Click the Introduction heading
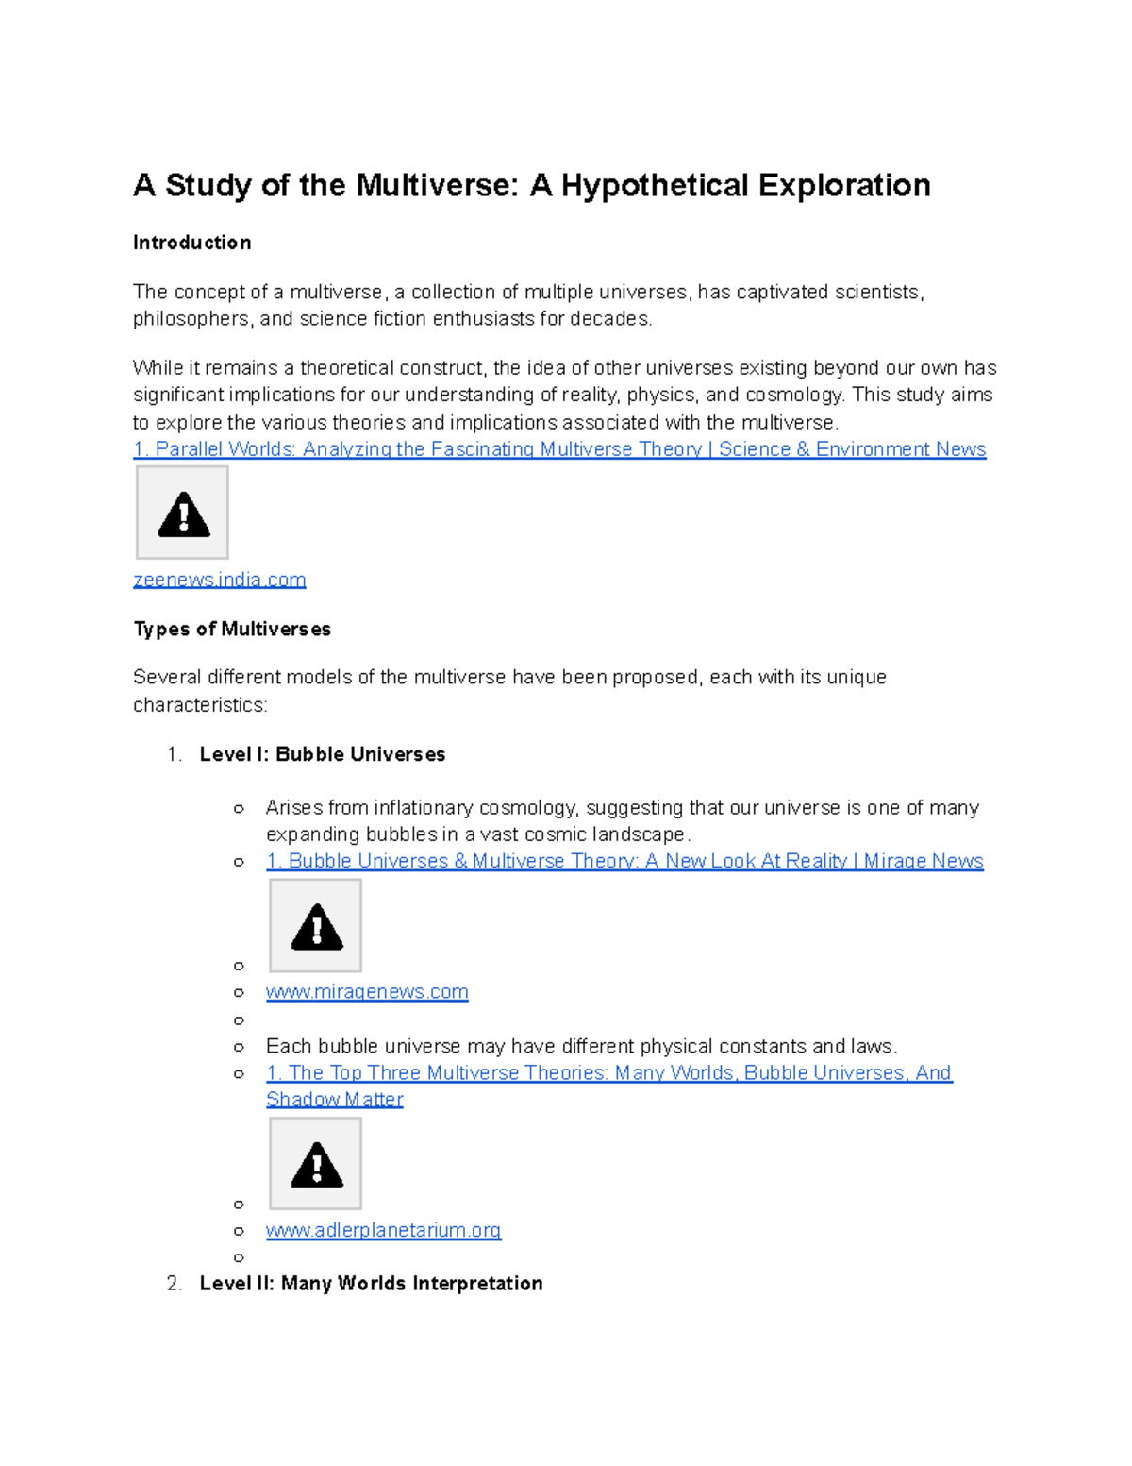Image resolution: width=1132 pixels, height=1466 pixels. (x=191, y=243)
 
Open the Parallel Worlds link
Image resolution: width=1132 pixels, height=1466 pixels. (x=559, y=449)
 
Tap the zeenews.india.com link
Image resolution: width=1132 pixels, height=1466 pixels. (x=219, y=580)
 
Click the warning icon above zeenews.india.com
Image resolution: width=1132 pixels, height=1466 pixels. (x=183, y=514)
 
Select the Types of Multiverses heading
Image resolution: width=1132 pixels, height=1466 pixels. (x=232, y=629)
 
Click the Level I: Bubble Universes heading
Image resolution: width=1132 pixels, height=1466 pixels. (x=322, y=754)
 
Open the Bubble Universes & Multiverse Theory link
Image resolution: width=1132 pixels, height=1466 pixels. (x=624, y=861)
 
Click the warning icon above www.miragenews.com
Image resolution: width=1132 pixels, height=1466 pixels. (x=316, y=926)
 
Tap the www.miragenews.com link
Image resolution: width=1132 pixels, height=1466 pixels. (x=367, y=992)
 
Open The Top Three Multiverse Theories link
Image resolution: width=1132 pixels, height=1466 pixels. (x=608, y=1073)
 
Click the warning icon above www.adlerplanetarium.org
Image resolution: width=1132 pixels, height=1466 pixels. (x=316, y=1165)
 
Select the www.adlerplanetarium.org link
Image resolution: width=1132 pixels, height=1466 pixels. (x=383, y=1230)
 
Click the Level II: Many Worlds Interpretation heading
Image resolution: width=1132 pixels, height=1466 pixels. (x=371, y=1284)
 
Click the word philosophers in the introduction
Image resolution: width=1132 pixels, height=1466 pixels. (x=191, y=319)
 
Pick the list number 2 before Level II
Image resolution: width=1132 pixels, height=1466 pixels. (x=173, y=1284)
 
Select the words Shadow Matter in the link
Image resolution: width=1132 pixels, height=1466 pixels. (x=334, y=1100)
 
